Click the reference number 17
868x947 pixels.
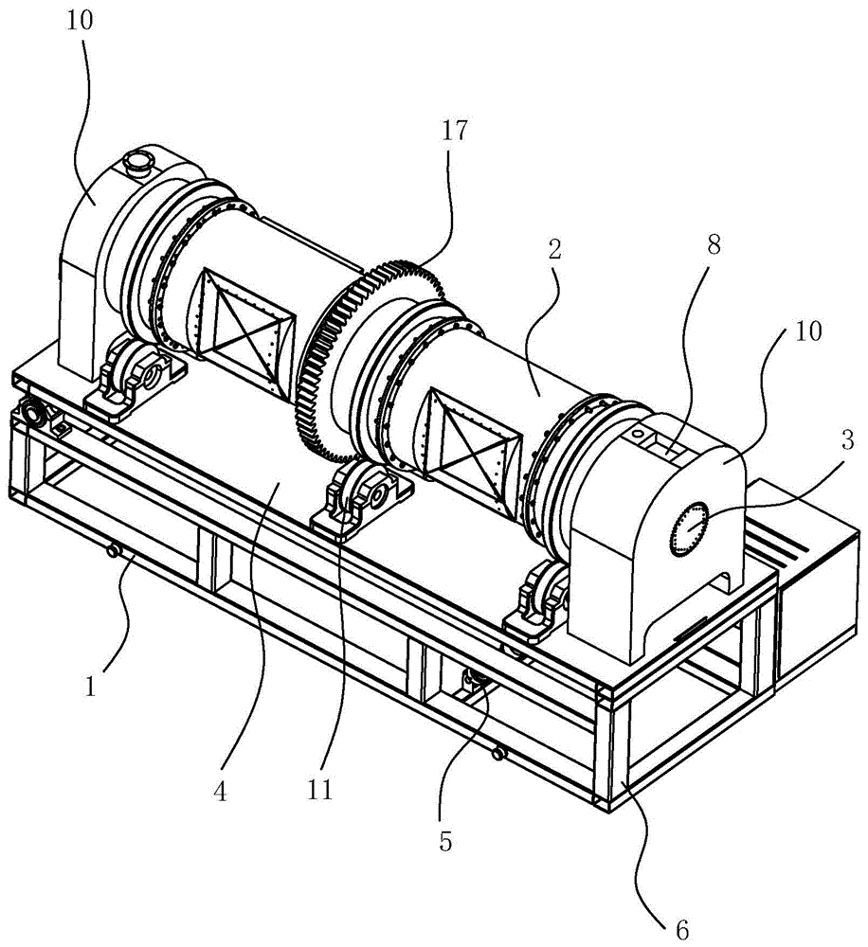click(x=454, y=131)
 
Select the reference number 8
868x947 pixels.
click(x=713, y=244)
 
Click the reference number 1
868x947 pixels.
click(x=91, y=687)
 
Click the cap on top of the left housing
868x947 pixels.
click(x=138, y=163)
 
